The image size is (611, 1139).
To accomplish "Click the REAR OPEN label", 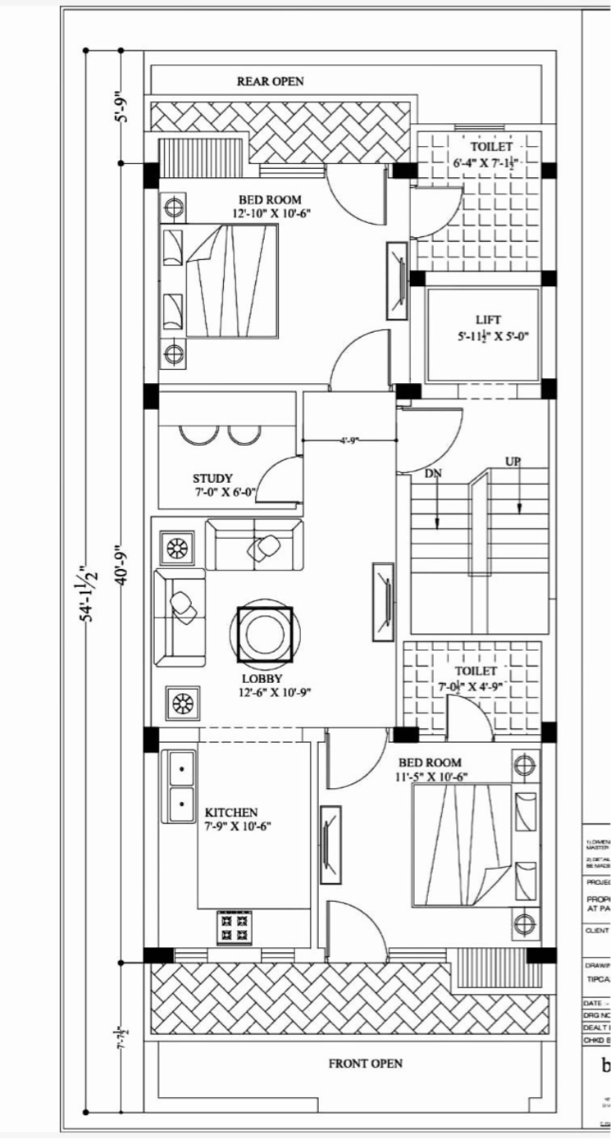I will pos(270,81).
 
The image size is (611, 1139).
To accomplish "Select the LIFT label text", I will pos(488,320).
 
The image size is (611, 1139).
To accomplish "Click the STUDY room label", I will pos(212,478).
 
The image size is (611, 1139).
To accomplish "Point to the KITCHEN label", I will pos(231,812).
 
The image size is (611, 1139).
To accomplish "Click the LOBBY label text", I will pos(262,678).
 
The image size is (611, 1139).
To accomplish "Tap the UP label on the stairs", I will pos(513,461).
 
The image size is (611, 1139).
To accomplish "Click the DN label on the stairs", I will pos(433,473).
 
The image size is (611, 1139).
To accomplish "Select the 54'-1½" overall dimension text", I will pos(88,592).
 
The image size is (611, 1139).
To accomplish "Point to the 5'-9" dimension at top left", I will pos(121,107).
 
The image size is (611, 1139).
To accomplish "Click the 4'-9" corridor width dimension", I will pos(351,441).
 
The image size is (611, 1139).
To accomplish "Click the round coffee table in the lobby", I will pos(265,633).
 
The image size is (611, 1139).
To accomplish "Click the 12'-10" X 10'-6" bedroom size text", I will pos(271,213).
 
